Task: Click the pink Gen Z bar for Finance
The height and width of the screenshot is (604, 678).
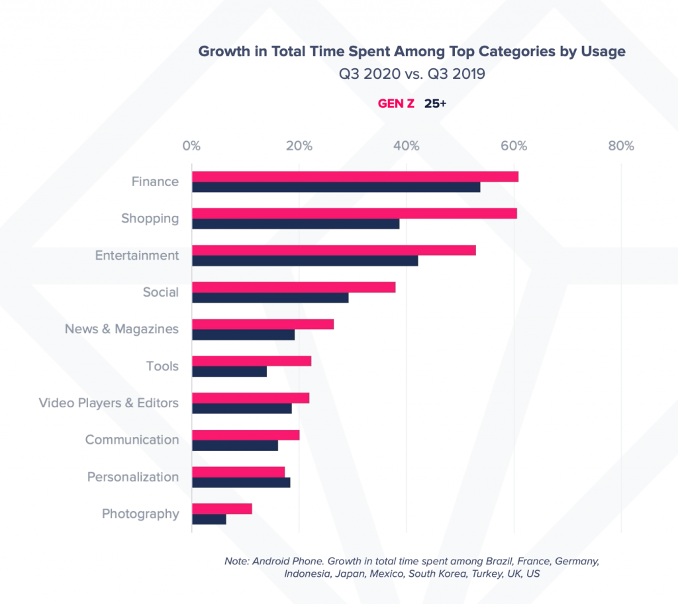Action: [x=355, y=177]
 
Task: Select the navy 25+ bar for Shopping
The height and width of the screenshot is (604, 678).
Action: [x=295, y=224]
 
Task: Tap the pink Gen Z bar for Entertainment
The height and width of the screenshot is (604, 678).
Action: [x=334, y=250]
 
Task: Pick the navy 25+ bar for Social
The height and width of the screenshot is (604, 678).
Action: [x=270, y=298]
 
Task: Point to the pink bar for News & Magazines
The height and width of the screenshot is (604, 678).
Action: [x=263, y=324]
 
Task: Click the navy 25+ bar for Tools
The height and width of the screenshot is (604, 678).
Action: [x=229, y=372]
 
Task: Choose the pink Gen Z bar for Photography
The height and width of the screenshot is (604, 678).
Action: [x=222, y=509]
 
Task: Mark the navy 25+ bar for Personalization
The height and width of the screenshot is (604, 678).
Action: [x=241, y=482]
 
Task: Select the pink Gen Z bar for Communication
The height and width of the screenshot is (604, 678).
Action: [x=246, y=434]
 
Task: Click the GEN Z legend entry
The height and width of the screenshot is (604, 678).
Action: [x=396, y=104]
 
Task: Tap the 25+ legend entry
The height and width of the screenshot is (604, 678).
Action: [x=435, y=104]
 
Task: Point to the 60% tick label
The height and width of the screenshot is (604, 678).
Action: [x=514, y=146]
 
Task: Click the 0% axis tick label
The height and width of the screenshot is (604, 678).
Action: [x=191, y=146]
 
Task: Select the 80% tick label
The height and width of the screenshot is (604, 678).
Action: [x=621, y=146]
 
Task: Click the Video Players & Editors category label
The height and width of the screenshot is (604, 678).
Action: [x=109, y=403]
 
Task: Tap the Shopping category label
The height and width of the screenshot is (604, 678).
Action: [x=150, y=219]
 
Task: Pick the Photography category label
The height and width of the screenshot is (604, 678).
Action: [x=140, y=514]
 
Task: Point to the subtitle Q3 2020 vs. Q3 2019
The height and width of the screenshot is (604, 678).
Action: [x=412, y=74]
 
